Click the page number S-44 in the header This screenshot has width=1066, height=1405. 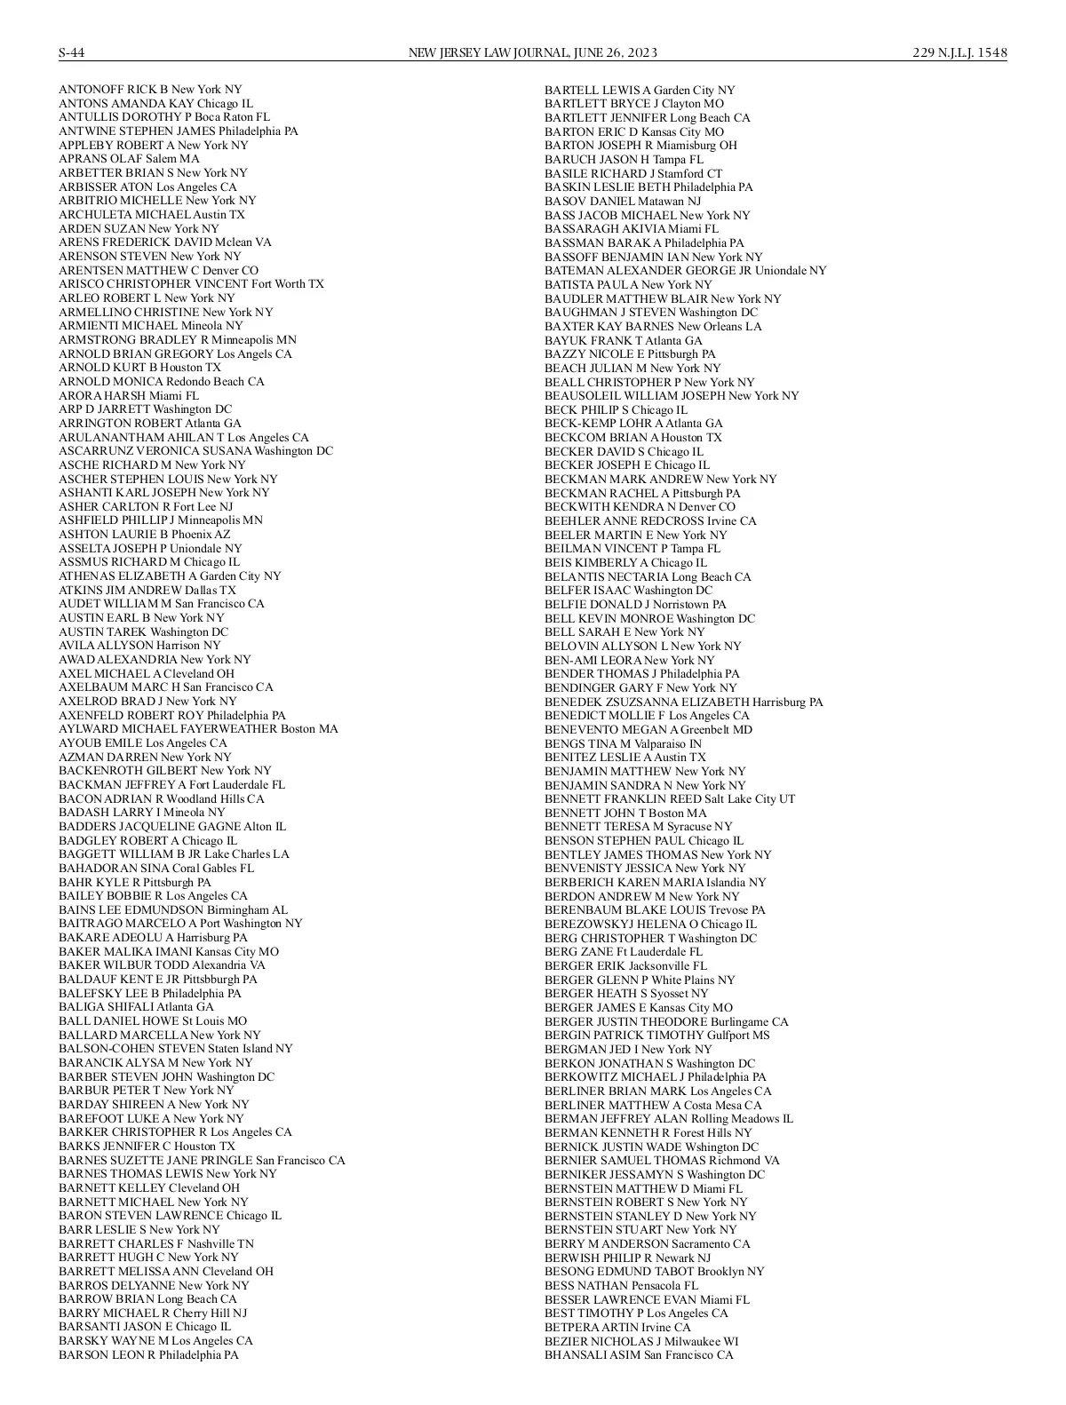[x=72, y=52]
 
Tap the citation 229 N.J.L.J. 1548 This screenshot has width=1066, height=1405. [x=959, y=52]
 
